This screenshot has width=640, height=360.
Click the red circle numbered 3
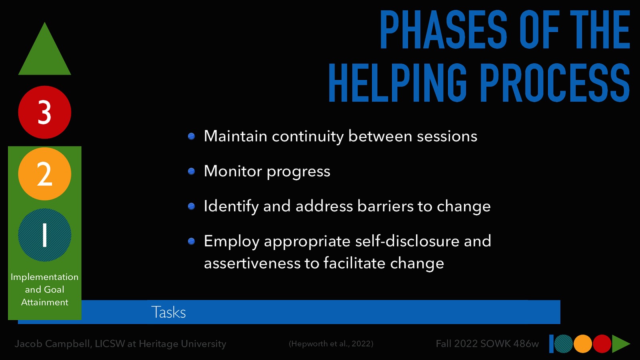coord(44,112)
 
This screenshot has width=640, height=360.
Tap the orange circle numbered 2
coord(44,174)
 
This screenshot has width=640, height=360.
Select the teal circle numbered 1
coord(44,235)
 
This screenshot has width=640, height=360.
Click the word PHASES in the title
coord(443,30)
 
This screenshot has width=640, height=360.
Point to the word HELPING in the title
coord(398,83)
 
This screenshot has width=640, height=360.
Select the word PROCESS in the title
coord(555,83)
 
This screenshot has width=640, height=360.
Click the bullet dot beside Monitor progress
coord(192,172)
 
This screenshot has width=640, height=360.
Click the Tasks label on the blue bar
coord(168,312)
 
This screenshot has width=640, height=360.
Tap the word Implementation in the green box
coord(44,277)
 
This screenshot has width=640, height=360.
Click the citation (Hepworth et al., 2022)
coord(331,344)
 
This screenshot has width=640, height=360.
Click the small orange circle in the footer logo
coord(583,344)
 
